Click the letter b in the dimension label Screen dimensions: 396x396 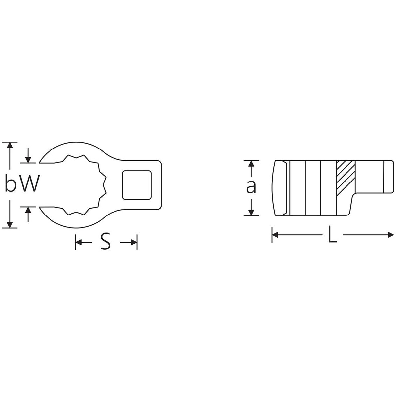tap(11, 183)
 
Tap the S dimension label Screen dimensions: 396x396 tap(106, 242)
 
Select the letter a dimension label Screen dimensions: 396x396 tap(251, 187)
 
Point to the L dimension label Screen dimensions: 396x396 tap(332, 235)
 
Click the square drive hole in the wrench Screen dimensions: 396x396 tap(137, 185)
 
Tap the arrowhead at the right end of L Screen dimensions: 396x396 tap(390, 235)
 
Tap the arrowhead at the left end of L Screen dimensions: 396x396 tap(275, 235)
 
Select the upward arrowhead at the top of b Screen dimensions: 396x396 tap(10, 145)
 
